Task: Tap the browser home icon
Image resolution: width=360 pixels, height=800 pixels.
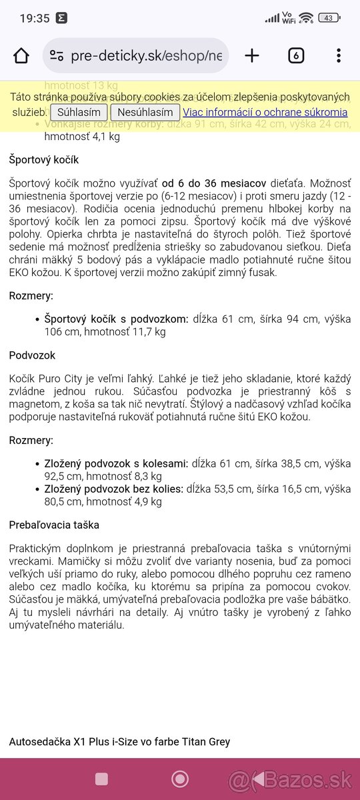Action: (21, 55)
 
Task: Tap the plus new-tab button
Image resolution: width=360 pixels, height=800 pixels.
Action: (252, 55)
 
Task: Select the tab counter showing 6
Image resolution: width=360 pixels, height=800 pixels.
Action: (296, 55)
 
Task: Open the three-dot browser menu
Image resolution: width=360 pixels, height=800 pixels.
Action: (339, 55)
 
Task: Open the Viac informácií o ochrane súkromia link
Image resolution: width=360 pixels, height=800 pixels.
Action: (265, 112)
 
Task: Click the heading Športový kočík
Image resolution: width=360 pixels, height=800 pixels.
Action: (44, 160)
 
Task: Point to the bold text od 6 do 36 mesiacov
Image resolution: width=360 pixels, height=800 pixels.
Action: (214, 182)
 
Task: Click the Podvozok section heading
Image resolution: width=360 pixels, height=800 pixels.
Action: (32, 355)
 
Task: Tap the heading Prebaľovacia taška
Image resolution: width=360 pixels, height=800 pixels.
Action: (54, 525)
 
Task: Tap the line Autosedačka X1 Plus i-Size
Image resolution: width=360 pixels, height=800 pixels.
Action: (119, 741)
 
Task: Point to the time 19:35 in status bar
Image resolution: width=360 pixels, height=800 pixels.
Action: (35, 18)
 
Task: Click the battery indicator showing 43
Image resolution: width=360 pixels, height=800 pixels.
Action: (329, 18)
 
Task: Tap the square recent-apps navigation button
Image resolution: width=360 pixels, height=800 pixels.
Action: (102, 779)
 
